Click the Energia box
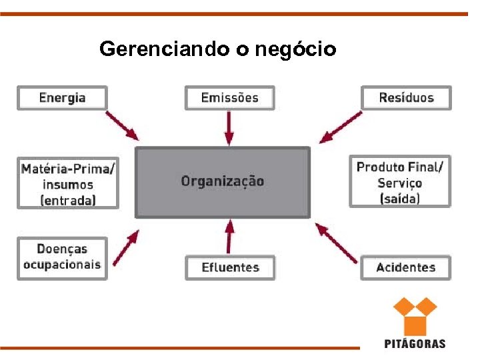62,98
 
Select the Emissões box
229,98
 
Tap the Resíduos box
406,98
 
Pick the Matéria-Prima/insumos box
67,183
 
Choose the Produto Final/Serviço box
399,182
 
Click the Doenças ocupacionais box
62,257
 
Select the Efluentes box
230,267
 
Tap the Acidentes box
405,267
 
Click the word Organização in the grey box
223,181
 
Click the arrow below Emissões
229,127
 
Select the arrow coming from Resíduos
341,127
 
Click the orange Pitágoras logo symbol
414,316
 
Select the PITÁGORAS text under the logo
415,344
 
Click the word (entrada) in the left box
68,200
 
